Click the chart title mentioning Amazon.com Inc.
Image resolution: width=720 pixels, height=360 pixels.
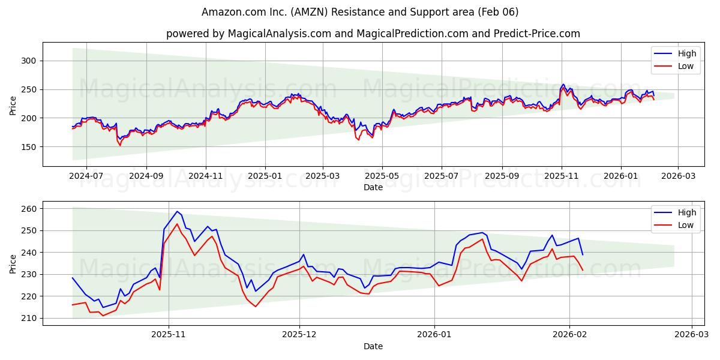point(360,12)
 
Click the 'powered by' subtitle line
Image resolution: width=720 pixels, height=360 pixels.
point(373,34)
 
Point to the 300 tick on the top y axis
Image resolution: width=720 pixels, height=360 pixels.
point(29,61)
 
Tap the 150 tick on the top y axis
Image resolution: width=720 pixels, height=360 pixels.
point(29,147)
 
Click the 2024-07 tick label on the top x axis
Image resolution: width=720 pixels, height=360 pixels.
point(86,176)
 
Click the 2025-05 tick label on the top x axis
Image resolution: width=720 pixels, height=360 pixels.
point(382,176)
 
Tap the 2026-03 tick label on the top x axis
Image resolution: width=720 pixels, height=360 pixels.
point(678,176)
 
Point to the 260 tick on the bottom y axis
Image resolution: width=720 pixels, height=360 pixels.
point(29,209)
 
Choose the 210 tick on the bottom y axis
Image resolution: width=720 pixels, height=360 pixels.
point(29,318)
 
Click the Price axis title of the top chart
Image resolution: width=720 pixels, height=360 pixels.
point(13,104)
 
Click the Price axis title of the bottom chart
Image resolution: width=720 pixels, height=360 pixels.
point(13,263)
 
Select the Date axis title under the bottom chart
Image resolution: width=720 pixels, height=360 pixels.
point(373,346)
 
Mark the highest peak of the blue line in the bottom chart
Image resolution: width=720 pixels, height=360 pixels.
point(177,211)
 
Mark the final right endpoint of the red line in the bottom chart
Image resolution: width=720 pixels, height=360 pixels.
point(582,270)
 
